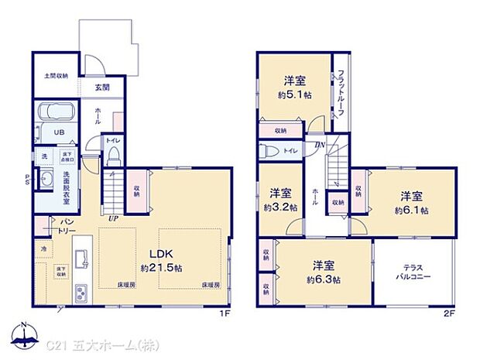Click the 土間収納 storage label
pyautogui.click(x=55, y=76)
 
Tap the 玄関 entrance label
pyautogui.click(x=102, y=87)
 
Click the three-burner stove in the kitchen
pyautogui.click(x=81, y=293)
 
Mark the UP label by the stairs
pyautogui.click(x=114, y=219)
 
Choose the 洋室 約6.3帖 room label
pyautogui.click(x=322, y=273)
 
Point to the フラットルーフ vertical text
pyautogui.click(x=340, y=94)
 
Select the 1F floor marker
pyautogui.click(x=225, y=313)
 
